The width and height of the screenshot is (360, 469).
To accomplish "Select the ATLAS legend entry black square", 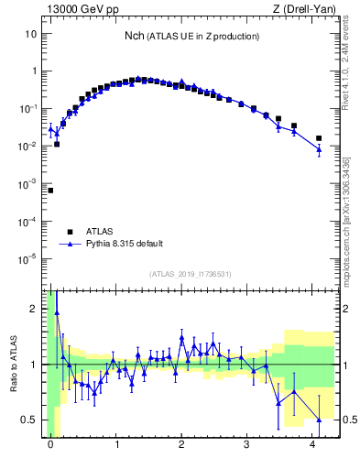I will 69,231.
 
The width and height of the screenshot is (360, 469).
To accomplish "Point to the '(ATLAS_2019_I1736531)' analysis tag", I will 191,274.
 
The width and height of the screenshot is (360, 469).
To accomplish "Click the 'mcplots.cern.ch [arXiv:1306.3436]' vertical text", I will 351,217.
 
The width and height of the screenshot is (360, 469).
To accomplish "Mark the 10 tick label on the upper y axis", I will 30,34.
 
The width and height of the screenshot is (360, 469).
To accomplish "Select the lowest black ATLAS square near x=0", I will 50,191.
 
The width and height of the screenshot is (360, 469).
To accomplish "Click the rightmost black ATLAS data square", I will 319,138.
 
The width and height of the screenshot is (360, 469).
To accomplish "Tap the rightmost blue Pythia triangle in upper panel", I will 319,148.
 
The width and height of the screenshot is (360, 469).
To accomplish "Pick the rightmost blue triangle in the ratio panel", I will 319,420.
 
